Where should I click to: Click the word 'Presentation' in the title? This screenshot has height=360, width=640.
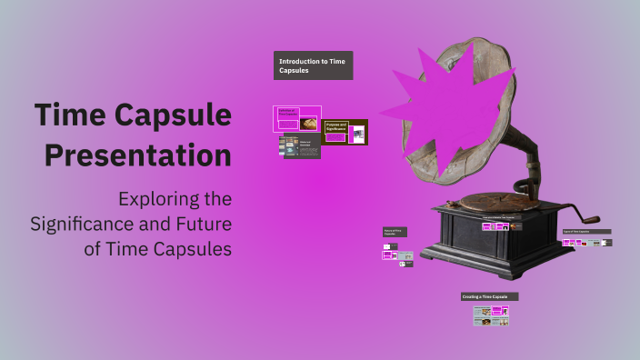tap(137, 155)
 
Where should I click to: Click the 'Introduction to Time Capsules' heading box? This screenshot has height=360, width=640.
tap(313, 65)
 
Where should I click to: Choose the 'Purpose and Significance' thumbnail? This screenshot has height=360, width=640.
tap(345, 132)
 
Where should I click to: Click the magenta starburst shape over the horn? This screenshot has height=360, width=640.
tap(445, 100)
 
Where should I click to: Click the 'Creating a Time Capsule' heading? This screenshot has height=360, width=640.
tap(489, 296)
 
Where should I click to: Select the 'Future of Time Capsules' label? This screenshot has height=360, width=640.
tap(395, 233)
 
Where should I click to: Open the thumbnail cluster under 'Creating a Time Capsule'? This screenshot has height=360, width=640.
tap(490, 315)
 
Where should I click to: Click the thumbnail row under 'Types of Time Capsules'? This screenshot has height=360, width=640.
tap(586, 243)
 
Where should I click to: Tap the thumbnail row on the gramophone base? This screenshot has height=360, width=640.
tap(502, 226)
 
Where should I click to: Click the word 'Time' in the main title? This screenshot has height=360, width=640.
tap(68, 115)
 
